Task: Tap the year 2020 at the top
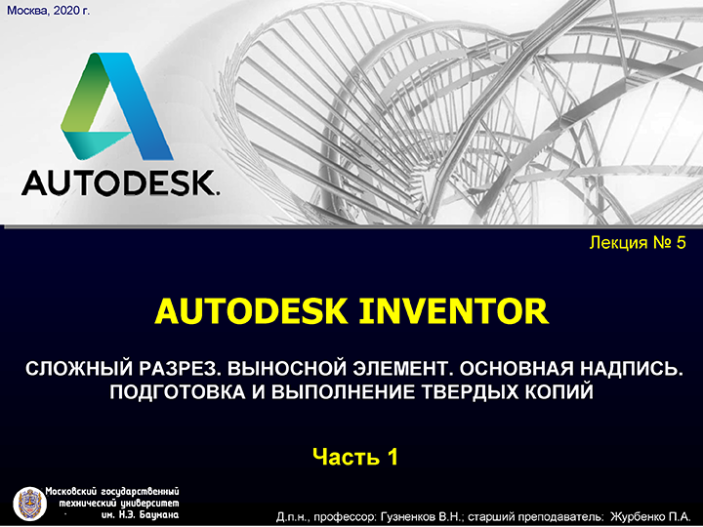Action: click(x=65, y=10)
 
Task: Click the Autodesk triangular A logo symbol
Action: click(x=117, y=106)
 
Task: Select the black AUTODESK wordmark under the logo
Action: click(x=120, y=182)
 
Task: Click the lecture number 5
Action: click(x=682, y=242)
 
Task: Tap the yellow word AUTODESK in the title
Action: click(x=251, y=311)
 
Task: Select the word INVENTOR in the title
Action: click(x=454, y=311)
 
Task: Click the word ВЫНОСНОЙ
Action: click(x=286, y=368)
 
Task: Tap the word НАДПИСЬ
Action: click(x=632, y=368)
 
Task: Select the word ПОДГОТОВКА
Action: click(x=178, y=392)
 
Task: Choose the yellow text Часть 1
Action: click(x=355, y=457)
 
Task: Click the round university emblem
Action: click(x=29, y=504)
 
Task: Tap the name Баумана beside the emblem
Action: click(x=159, y=515)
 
